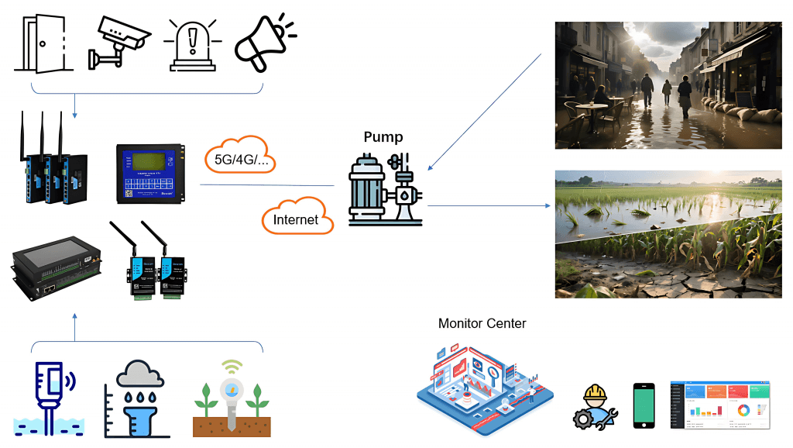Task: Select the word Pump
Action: tap(383, 137)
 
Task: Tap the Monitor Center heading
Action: tap(482, 323)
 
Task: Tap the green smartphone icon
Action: tap(644, 405)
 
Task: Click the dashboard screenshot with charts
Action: tap(720, 405)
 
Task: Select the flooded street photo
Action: tap(668, 85)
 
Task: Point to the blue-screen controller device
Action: tap(150, 174)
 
